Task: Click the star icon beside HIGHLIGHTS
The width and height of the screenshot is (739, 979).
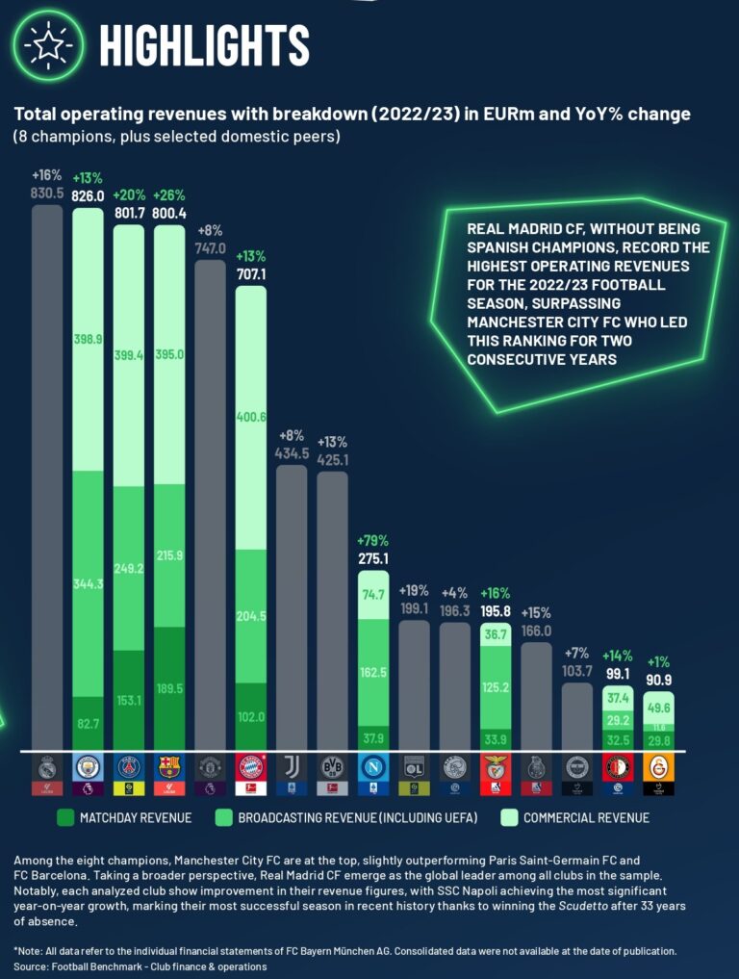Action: [x=47, y=44]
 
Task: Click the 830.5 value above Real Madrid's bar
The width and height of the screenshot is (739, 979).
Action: [x=46, y=193]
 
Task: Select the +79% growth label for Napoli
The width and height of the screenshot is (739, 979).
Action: [x=373, y=540]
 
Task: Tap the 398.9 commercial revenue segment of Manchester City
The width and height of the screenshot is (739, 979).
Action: [x=88, y=340]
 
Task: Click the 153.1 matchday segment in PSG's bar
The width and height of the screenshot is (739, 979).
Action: [x=128, y=700]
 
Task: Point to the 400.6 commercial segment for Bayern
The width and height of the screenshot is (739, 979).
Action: [x=251, y=417]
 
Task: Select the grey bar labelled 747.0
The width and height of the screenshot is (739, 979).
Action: [x=210, y=501]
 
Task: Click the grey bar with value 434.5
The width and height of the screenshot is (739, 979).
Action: [x=292, y=606]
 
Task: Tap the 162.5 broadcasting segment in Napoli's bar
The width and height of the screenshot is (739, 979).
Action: [x=373, y=672]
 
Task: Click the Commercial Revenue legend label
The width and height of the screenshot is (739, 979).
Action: [x=587, y=817]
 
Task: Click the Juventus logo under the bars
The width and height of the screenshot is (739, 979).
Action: [x=292, y=767]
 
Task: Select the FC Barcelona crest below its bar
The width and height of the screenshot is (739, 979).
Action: [x=169, y=767]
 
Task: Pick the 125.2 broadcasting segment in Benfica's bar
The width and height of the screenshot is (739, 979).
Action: [x=496, y=686]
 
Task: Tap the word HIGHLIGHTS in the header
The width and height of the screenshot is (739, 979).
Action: [x=204, y=44]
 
